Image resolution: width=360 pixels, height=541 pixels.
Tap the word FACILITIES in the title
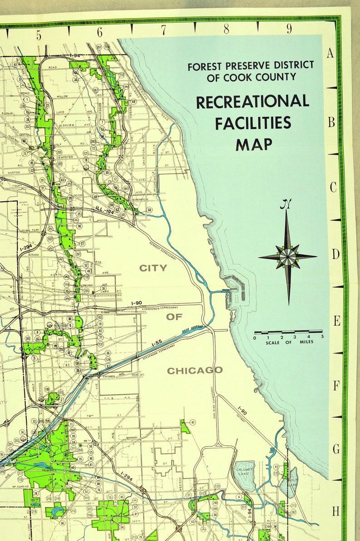pyautogui.click(x=253, y=123)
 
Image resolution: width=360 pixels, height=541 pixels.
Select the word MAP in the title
pyautogui.click(x=254, y=144)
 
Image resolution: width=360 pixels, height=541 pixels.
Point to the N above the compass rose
pyautogui.click(x=285, y=204)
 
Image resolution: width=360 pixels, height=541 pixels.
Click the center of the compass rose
pyautogui.click(x=287, y=256)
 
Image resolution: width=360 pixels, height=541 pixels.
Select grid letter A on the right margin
pyautogui.click(x=330, y=53)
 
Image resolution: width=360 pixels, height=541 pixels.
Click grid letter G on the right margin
pyautogui.click(x=336, y=449)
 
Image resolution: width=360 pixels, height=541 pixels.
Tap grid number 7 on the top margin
pyautogui.click(x=163, y=30)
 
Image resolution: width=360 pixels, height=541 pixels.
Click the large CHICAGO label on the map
pyautogui.click(x=195, y=371)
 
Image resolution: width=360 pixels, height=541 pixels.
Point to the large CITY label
pyautogui.click(x=153, y=268)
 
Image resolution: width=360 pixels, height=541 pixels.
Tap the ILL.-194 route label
pyautogui.click(x=104, y=208)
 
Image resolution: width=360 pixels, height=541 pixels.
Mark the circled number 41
pyautogui.click(x=193, y=423)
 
